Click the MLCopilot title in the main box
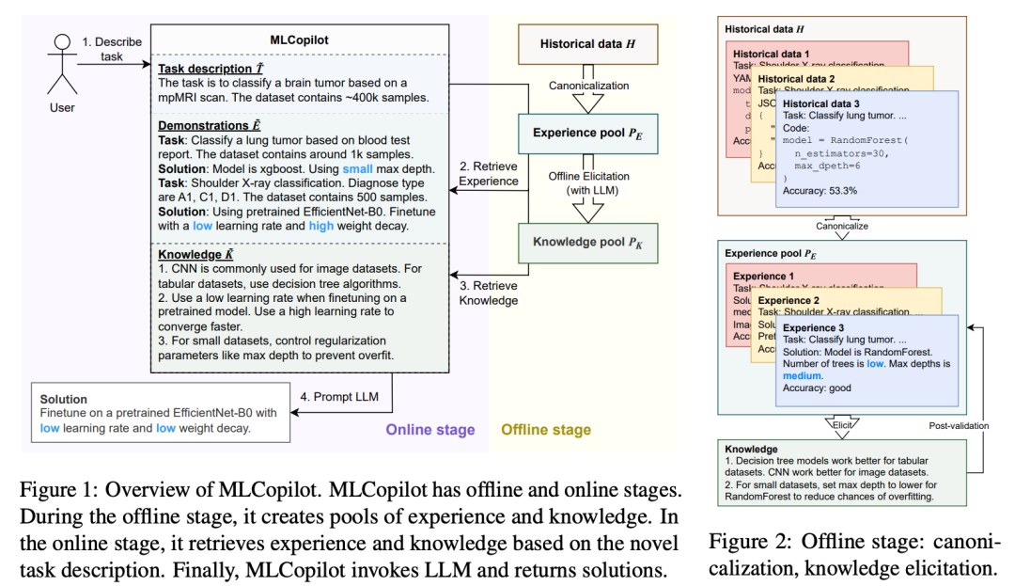(299, 41)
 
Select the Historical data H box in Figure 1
(586, 44)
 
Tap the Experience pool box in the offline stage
(586, 133)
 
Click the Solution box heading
(64, 400)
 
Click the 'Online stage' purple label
(430, 430)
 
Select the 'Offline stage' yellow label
(546, 430)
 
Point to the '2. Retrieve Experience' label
(488, 174)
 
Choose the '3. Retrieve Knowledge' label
(488, 293)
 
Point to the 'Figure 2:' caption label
(746, 542)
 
